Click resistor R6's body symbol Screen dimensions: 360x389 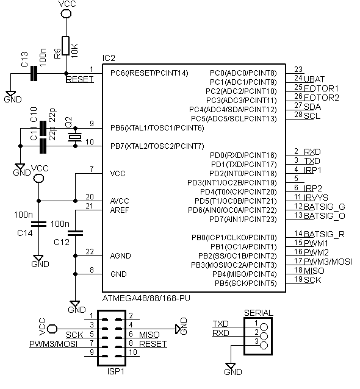65,46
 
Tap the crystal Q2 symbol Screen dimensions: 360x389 75,137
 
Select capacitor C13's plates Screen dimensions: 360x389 34,73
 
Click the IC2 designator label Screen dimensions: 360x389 109,58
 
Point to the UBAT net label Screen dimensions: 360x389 314,79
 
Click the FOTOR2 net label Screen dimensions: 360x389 322,98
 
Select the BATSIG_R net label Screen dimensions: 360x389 324,234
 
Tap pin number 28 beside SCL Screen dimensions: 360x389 298,115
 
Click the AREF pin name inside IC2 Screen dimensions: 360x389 120,210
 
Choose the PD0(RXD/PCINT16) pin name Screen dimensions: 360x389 243,155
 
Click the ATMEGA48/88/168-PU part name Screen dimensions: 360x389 146,298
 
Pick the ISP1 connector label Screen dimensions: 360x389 115,371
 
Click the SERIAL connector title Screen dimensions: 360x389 259,313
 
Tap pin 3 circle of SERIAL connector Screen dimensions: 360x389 264,345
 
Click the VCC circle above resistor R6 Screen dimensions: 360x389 66,13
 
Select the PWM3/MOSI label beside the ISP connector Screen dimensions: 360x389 53,344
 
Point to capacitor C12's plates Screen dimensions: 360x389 75,233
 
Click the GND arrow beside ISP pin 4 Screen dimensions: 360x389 178,329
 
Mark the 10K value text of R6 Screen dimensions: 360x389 74,51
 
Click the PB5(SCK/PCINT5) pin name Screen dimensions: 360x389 245,284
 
